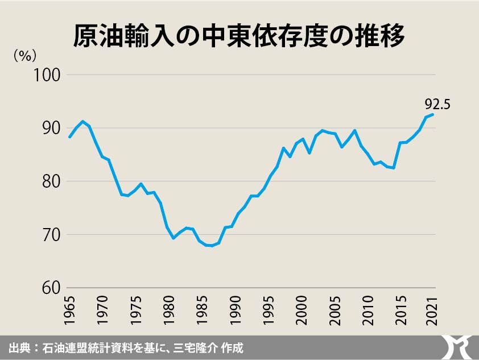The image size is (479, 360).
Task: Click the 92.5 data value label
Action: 437,104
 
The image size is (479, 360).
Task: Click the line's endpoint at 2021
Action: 433,114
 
